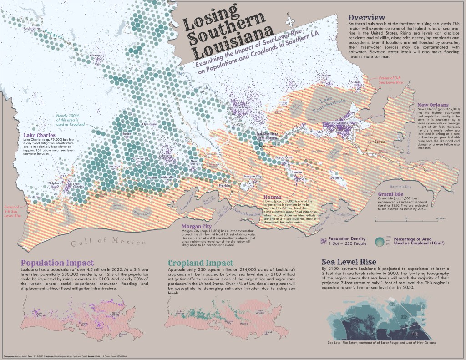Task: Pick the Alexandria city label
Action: pyautogui.click(x=100, y=55)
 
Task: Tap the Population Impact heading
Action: pyautogui.click(x=58, y=263)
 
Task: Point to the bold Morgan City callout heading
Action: pyautogui.click(x=197, y=226)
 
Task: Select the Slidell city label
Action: pyautogui.click(x=355, y=82)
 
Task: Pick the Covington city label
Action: pyautogui.click(x=324, y=75)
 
